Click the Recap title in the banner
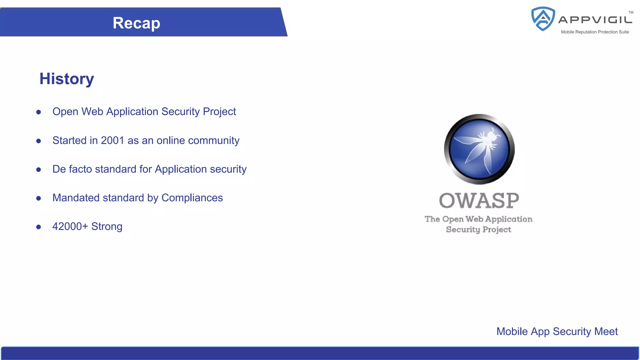tap(136, 23)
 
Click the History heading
tap(67, 79)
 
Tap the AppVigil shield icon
tap(543, 19)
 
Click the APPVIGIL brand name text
tap(595, 20)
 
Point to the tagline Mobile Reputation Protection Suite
tap(595, 32)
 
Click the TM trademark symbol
tap(631, 12)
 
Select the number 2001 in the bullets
tap(112, 141)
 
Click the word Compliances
tap(192, 198)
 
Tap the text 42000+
tap(70, 227)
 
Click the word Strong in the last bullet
tap(107, 227)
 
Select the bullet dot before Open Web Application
tap(38, 112)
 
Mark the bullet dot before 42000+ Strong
tap(38, 227)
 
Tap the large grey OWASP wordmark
tap(479, 201)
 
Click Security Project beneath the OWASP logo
tap(478, 229)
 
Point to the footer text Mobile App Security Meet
tap(557, 332)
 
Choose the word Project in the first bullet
tap(219, 112)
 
